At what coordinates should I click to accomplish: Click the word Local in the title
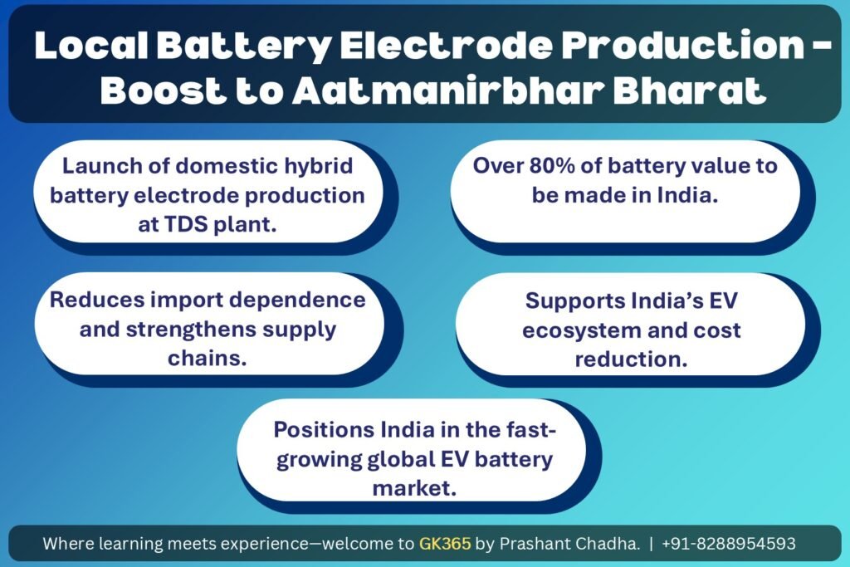pyautogui.click(x=91, y=45)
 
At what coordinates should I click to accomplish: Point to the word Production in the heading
pyautogui.click(x=683, y=45)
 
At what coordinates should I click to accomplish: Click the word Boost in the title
pyautogui.click(x=164, y=90)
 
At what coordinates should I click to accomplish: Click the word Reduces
pyautogui.click(x=96, y=300)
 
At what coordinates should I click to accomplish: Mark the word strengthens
pyautogui.click(x=191, y=330)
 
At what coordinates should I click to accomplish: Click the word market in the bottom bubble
pyautogui.click(x=414, y=488)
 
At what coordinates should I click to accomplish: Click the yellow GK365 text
pyautogui.click(x=445, y=543)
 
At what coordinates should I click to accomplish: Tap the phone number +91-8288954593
pyautogui.click(x=729, y=543)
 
